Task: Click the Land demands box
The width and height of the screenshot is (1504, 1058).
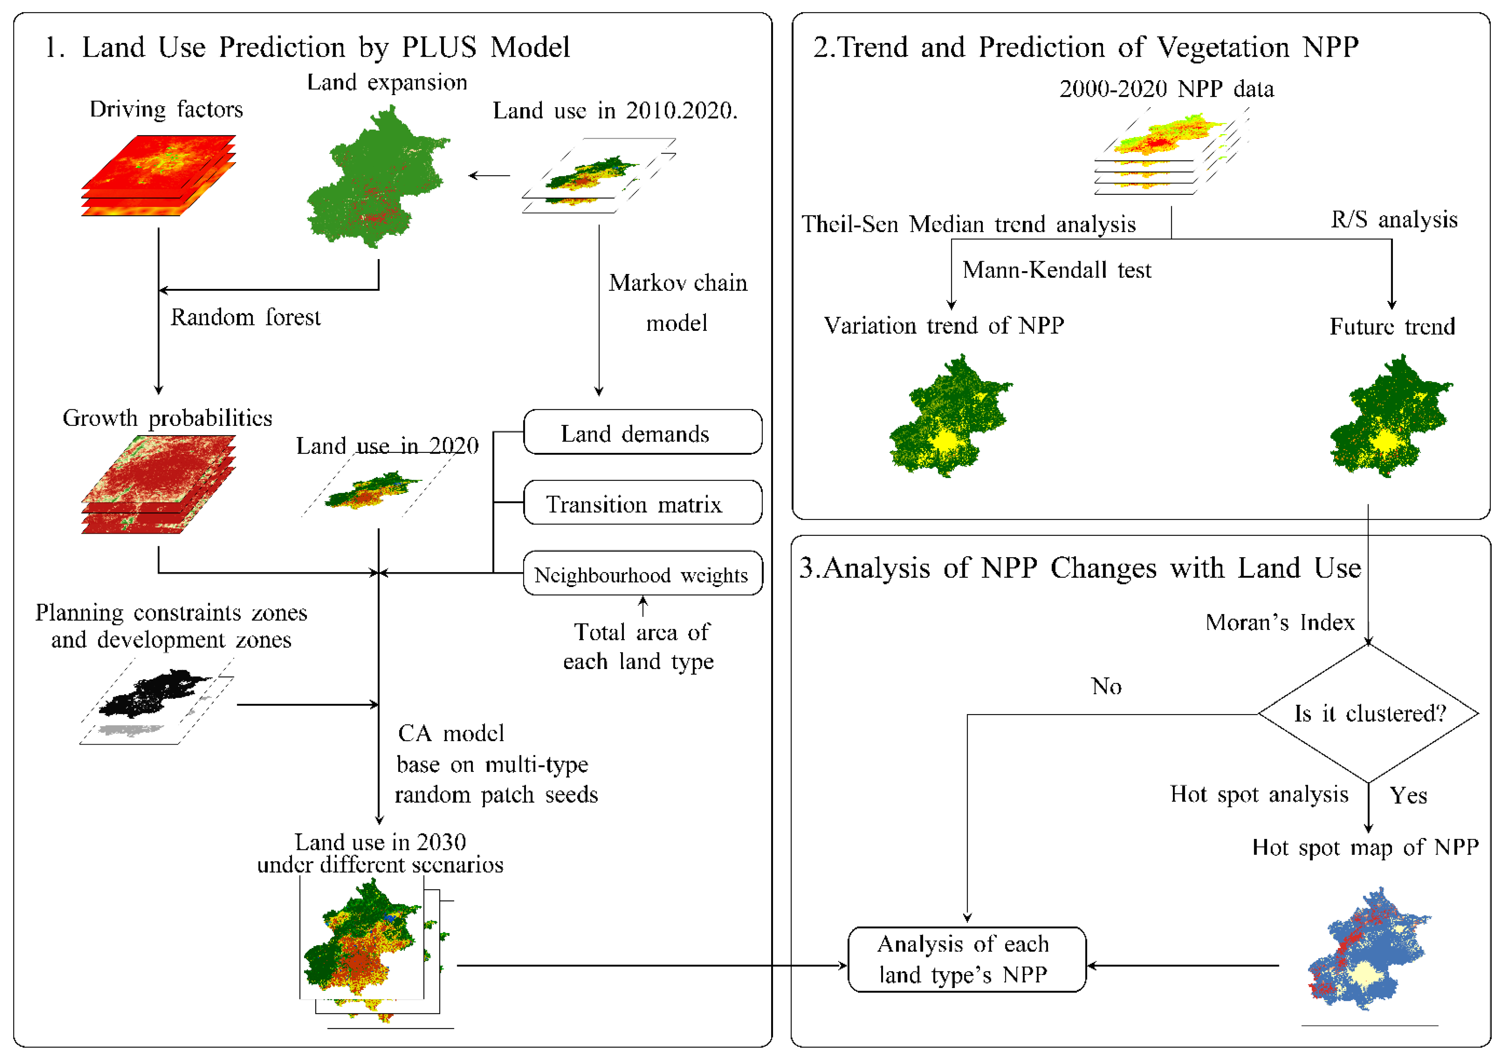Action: (x=642, y=432)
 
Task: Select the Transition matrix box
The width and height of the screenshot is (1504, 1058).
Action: (x=642, y=503)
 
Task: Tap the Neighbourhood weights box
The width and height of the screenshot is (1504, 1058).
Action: (x=642, y=574)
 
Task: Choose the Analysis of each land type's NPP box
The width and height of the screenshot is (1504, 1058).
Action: (x=966, y=960)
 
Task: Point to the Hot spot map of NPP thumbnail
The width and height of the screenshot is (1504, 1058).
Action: (x=1369, y=950)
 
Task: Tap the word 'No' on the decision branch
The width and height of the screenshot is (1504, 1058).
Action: (x=1107, y=686)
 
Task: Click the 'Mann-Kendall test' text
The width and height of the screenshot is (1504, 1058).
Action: (x=1056, y=270)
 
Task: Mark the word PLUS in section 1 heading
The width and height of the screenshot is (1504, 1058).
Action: (x=439, y=47)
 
